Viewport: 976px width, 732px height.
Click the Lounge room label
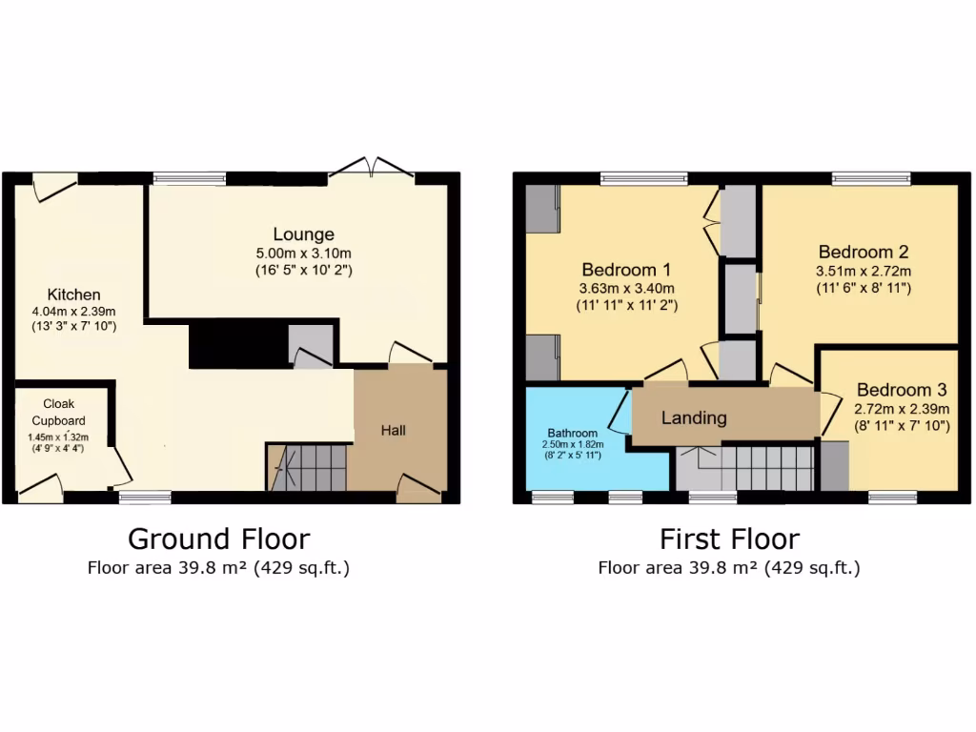tap(303, 234)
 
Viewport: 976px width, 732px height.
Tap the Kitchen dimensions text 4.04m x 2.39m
tap(74, 312)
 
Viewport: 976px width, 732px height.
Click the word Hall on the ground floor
tap(394, 431)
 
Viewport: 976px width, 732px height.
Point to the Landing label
tap(694, 417)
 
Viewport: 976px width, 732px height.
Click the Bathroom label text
tap(572, 432)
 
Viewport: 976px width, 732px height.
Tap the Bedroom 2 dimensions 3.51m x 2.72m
tap(863, 271)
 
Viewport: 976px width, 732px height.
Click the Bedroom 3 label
tap(901, 390)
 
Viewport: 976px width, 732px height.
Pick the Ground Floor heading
tap(218, 539)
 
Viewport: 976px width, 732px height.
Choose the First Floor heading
tap(729, 539)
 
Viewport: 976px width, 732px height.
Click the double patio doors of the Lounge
tap(373, 168)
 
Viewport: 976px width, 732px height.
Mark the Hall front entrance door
tap(418, 489)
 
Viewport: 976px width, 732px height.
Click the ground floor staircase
tap(307, 467)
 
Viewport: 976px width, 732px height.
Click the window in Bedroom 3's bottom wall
tap(892, 497)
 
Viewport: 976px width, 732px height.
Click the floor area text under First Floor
tap(729, 569)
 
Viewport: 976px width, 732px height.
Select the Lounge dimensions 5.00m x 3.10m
tap(303, 253)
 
